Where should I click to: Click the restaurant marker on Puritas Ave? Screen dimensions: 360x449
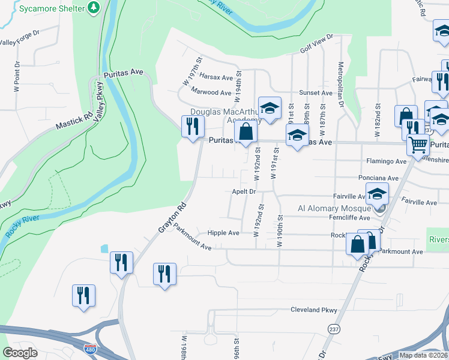(x=193, y=127)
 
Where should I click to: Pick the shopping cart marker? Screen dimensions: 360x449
(x=418, y=144)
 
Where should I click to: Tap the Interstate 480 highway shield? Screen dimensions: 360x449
(x=90, y=349)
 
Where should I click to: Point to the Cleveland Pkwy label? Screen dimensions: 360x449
(x=313, y=310)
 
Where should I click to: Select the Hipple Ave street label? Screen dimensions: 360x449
(x=223, y=233)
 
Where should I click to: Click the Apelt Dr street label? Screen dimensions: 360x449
(x=244, y=192)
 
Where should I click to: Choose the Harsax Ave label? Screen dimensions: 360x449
(x=216, y=77)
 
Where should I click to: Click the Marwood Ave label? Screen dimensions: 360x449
(x=211, y=92)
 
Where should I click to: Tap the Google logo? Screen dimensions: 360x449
(x=20, y=353)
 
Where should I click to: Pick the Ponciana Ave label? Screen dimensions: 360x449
(x=378, y=178)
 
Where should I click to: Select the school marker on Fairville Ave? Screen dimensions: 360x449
(x=377, y=194)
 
